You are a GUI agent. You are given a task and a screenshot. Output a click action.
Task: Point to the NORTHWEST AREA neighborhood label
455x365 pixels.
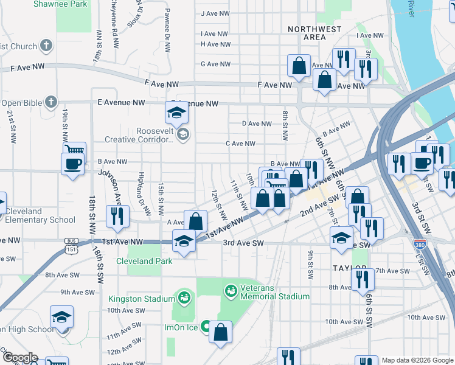(314, 33)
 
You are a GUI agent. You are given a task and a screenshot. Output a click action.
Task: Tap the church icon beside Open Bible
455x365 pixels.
(52, 102)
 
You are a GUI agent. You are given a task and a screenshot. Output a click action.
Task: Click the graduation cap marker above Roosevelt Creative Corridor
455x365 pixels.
(177, 113)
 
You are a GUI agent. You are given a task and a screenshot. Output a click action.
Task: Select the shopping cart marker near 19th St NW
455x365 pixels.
(75, 151)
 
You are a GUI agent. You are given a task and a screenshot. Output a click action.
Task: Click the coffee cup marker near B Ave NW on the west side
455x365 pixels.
(72, 164)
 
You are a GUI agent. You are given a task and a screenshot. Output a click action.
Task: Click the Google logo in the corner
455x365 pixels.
(19, 358)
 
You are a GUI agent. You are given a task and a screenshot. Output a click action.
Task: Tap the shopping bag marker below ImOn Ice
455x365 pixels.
(220, 332)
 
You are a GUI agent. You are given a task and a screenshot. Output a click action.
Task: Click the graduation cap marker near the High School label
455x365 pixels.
(61, 318)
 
